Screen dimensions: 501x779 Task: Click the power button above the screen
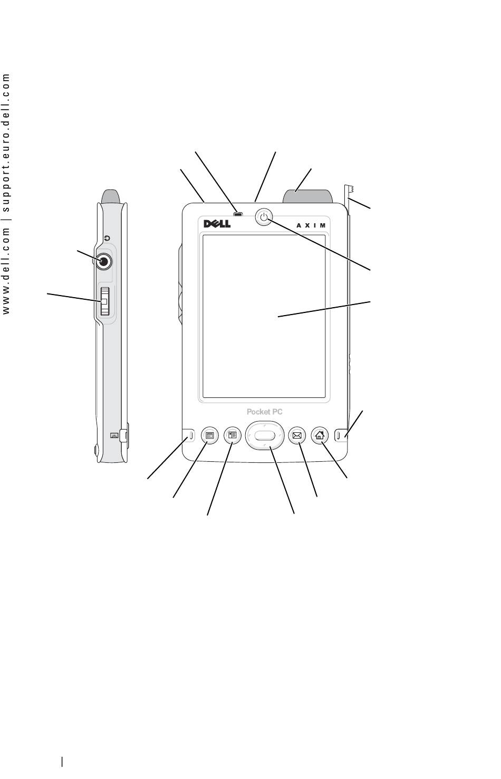coord(264,217)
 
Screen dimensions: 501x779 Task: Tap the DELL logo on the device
coord(217,223)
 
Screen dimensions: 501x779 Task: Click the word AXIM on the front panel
coord(311,225)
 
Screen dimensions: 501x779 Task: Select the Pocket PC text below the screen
coord(264,412)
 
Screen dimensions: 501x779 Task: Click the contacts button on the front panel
coord(233,435)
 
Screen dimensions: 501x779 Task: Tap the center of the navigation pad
coord(265,435)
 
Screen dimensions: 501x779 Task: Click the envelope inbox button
coord(297,435)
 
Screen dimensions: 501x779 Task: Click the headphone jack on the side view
coord(103,261)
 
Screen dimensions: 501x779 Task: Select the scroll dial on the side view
coord(104,301)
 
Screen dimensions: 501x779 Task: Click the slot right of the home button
coord(339,435)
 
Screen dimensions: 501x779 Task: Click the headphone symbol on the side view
coord(108,239)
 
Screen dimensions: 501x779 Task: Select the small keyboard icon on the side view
coord(114,435)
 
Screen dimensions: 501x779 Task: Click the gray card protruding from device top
coord(308,196)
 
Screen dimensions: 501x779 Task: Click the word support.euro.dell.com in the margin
coord(6,142)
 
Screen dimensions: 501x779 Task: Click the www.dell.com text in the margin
coord(6,272)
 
